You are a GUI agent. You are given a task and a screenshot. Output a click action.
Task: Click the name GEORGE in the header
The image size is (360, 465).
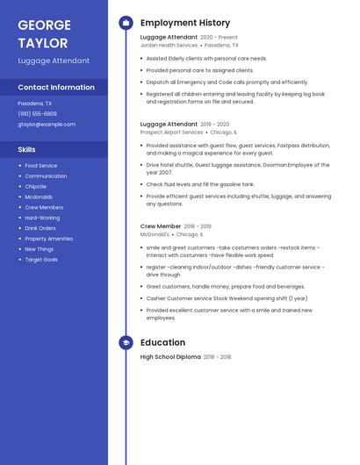pos(45,24)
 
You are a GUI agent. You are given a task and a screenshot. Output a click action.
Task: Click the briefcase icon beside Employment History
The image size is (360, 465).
pos(126,23)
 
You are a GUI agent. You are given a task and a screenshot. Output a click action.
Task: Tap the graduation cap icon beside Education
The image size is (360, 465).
pos(126,342)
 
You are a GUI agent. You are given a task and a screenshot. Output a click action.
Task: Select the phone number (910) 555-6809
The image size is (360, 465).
pos(37,113)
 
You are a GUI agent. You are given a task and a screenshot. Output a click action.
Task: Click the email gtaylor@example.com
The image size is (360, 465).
pos(47,125)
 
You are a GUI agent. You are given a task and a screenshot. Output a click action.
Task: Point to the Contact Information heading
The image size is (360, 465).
pos(56,87)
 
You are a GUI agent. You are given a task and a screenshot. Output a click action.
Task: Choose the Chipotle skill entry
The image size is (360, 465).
pos(35,186)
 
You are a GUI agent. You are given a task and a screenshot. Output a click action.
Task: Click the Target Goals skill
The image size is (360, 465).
pos(41,260)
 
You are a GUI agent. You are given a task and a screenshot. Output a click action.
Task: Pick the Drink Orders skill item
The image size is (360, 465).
pos(40,228)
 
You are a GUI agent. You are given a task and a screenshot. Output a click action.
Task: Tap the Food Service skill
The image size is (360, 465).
pos(41,165)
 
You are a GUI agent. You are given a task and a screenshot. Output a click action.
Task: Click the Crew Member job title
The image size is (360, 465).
pos(161,226)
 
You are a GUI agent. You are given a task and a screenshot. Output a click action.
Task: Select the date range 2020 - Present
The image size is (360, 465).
pos(219,37)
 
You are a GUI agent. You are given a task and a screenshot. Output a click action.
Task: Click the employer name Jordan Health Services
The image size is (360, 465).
pos(169,45)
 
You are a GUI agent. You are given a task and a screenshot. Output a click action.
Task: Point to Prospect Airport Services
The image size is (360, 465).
pos(171,132)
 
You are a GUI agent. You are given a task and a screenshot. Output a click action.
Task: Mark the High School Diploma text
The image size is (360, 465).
pos(170,357)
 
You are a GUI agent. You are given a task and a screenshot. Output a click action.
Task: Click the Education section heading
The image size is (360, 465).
pos(162,342)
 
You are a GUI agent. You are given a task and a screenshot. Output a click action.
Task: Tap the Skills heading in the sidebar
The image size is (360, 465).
pos(27,149)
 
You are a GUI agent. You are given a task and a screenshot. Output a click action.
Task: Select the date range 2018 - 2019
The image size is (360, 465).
pos(198,226)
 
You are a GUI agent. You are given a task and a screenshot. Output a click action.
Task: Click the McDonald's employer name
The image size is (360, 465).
pos(155,234)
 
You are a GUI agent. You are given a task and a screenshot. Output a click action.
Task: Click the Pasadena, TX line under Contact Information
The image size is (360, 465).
pos(34,103)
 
